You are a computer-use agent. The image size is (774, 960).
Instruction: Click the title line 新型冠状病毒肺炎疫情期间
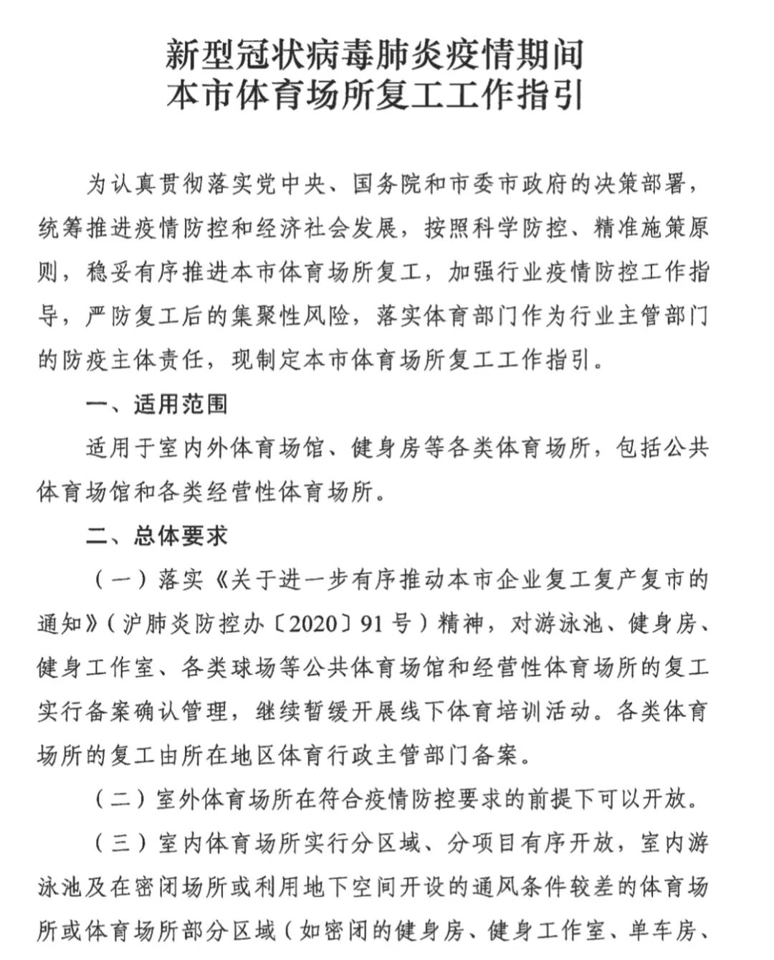tap(375, 55)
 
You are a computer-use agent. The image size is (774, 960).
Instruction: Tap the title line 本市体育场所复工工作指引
tap(375, 96)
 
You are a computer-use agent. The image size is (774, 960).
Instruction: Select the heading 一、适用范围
tap(157, 404)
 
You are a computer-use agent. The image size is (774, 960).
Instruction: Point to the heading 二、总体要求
tap(157, 535)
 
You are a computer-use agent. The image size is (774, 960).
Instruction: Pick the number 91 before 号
tap(372, 623)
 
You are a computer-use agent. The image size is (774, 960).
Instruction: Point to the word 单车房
tap(662, 931)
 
